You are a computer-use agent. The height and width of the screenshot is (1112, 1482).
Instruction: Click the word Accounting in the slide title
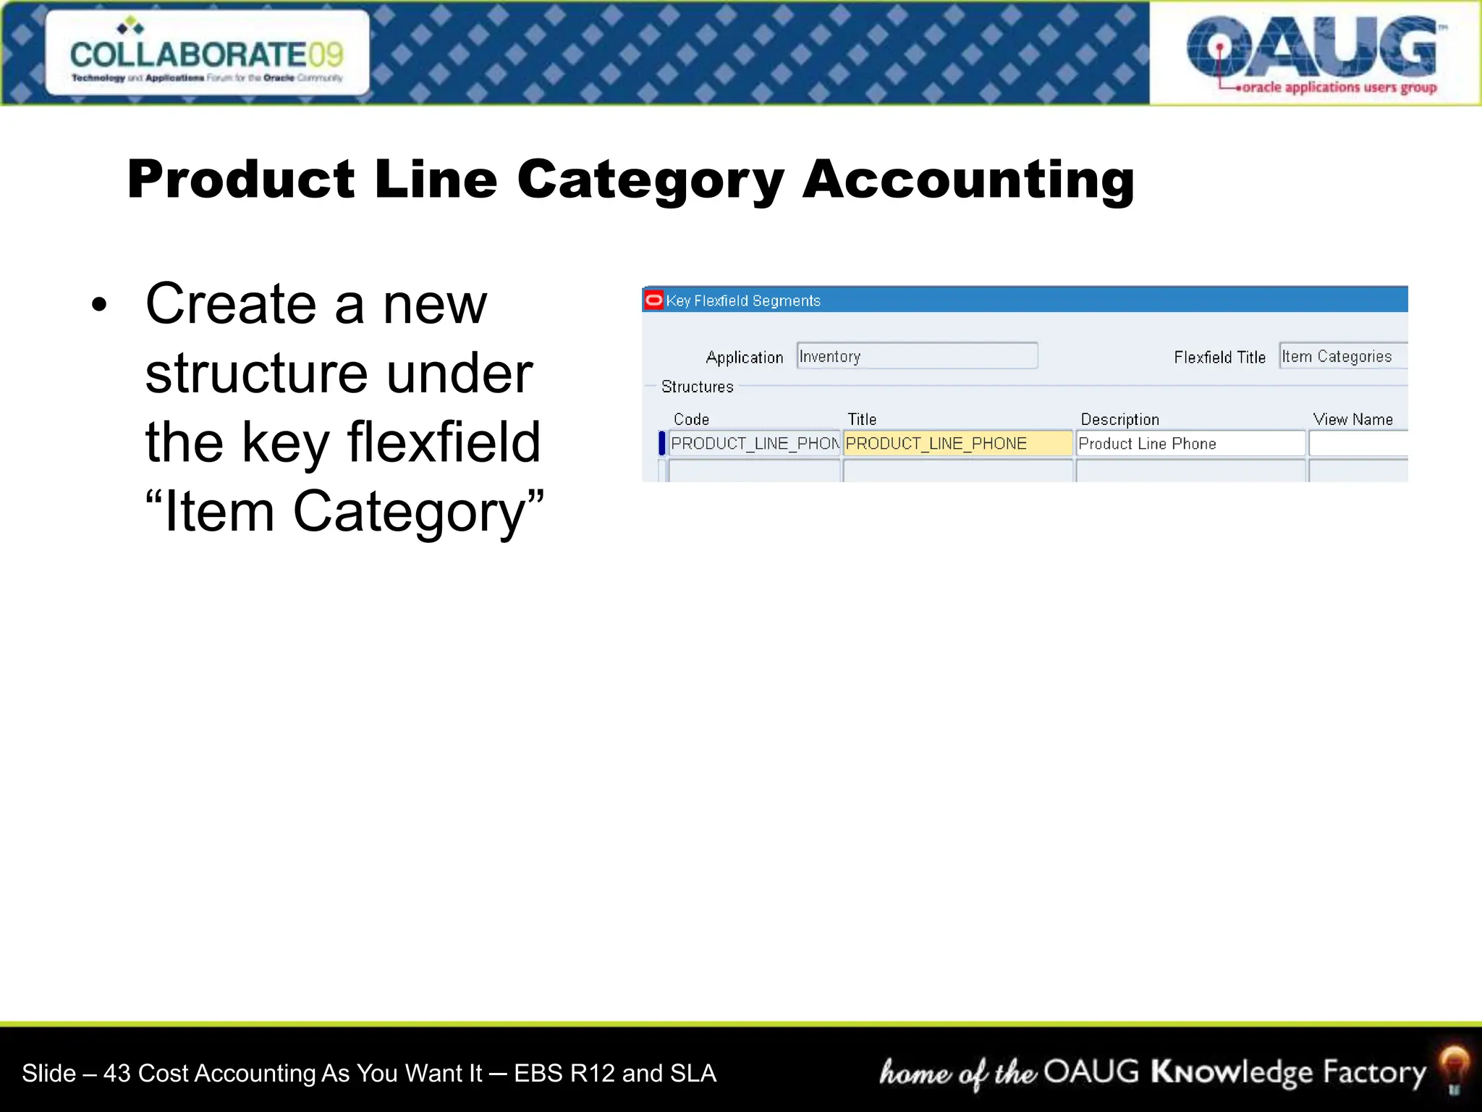tap(968, 180)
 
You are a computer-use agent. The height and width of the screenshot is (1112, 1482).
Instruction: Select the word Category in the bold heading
tap(650, 181)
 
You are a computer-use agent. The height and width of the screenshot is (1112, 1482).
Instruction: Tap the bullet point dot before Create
tap(99, 306)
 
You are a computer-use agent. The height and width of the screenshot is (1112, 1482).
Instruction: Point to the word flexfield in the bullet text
tap(444, 442)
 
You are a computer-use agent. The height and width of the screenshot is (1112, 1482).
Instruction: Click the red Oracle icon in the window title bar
tap(654, 300)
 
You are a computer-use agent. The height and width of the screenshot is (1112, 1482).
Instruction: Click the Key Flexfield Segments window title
tap(743, 300)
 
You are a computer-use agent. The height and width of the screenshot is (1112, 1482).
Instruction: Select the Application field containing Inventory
tap(916, 356)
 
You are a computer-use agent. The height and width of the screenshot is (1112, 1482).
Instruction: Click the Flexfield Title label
tap(1219, 357)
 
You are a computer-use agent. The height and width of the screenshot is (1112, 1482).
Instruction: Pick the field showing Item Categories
tap(1342, 356)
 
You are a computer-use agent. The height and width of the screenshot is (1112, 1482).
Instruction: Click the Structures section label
tap(697, 387)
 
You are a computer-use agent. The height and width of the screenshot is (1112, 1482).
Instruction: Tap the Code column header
tap(691, 419)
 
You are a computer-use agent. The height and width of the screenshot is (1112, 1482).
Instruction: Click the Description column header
tap(1119, 419)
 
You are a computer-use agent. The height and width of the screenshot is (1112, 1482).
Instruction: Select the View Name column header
tap(1352, 419)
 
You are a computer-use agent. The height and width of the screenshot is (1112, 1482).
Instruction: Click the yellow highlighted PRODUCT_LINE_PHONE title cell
tap(957, 443)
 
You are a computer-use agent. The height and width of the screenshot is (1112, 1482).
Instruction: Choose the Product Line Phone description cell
tap(1190, 443)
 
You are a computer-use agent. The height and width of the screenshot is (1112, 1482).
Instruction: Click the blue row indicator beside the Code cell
tap(661, 443)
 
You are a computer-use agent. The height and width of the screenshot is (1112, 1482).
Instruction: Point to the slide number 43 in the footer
tap(117, 1073)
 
